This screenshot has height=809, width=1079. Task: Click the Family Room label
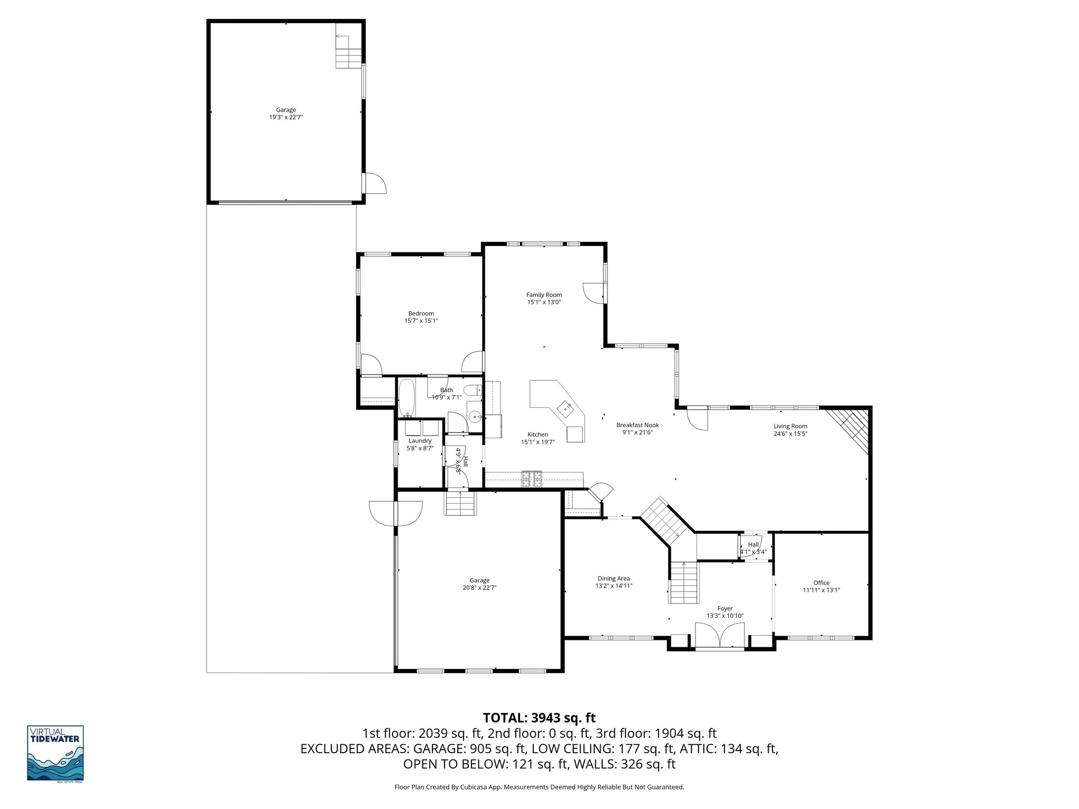(x=544, y=295)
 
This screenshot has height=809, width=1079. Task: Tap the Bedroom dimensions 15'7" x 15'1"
(x=421, y=320)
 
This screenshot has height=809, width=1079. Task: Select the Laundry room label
(x=420, y=441)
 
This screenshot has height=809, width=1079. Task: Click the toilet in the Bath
(x=472, y=390)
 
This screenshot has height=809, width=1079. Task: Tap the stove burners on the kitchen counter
(x=532, y=478)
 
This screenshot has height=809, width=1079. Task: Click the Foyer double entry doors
(x=720, y=635)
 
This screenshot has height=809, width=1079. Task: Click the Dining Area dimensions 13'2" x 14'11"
(x=614, y=586)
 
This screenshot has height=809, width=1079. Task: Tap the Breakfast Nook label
(x=637, y=425)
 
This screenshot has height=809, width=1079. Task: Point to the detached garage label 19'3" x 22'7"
(x=286, y=117)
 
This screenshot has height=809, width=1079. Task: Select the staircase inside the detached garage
(x=348, y=51)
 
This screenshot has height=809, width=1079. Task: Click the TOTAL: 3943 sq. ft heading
(x=539, y=717)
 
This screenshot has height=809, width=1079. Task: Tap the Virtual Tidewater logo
(x=55, y=753)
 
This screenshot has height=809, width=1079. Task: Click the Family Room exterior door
(x=594, y=293)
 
